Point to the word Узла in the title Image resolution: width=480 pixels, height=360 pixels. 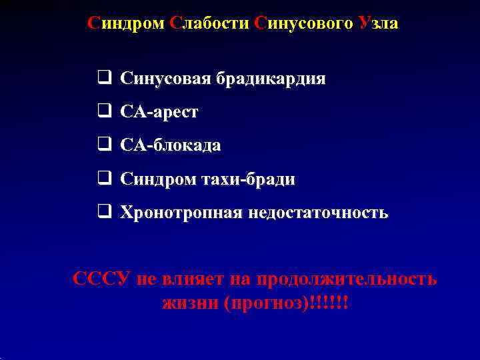(378, 23)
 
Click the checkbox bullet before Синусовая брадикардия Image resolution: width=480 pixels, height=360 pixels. (104, 79)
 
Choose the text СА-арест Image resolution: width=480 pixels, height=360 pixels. (159, 113)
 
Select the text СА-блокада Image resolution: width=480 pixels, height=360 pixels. (170, 146)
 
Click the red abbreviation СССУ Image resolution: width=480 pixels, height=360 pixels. (101, 278)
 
